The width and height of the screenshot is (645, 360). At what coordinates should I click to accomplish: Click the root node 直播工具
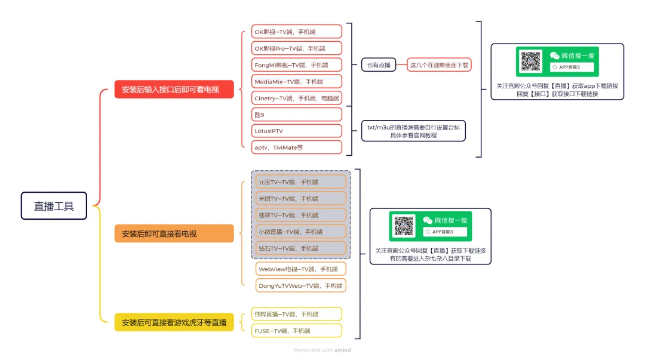[x=54, y=206]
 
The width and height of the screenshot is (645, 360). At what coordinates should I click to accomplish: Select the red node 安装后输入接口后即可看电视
[x=174, y=90]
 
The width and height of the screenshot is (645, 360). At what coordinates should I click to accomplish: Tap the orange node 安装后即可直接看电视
[x=174, y=233]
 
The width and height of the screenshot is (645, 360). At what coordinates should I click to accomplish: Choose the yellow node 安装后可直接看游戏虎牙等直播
[x=174, y=322]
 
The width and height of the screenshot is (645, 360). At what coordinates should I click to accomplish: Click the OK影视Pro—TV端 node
[x=297, y=48]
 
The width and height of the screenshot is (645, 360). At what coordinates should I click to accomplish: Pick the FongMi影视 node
[x=297, y=64]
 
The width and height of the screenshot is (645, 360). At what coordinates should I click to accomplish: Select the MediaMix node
[x=297, y=81]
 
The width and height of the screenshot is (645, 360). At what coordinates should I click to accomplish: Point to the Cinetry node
[x=297, y=98]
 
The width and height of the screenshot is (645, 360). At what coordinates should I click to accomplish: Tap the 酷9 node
[x=297, y=115]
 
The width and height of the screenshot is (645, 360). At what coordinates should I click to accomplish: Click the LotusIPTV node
[x=297, y=131]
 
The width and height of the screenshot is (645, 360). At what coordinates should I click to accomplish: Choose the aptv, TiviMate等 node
[x=297, y=147]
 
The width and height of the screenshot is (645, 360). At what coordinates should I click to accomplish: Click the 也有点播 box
[x=379, y=64]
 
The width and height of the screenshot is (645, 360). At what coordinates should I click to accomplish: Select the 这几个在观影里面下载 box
[x=439, y=64]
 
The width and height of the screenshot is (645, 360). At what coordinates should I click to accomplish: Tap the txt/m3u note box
[x=413, y=131]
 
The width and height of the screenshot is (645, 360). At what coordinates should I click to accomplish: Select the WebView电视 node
[x=301, y=269]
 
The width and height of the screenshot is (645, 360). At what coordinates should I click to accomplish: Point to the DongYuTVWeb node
[x=301, y=286]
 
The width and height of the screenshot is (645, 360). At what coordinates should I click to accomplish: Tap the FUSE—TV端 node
[x=297, y=330]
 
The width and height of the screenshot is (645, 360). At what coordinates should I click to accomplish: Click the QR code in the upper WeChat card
[x=531, y=61]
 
